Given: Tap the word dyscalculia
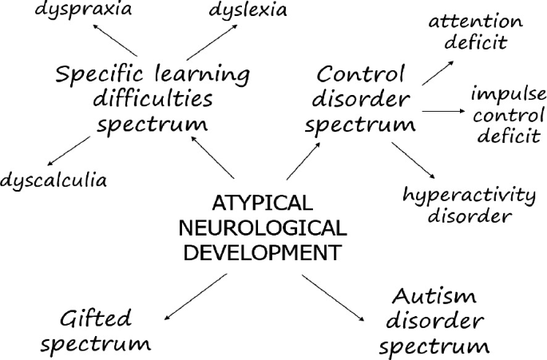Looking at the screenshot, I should [x=54, y=180].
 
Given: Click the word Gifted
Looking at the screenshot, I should [x=95, y=318].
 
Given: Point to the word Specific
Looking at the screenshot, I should [x=97, y=76].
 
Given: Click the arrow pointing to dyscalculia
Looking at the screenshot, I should [x=69, y=151].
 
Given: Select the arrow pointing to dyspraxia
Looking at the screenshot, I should [x=111, y=38].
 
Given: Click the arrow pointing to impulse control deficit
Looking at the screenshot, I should [x=444, y=112].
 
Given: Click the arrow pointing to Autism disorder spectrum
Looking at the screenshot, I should [x=331, y=299].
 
